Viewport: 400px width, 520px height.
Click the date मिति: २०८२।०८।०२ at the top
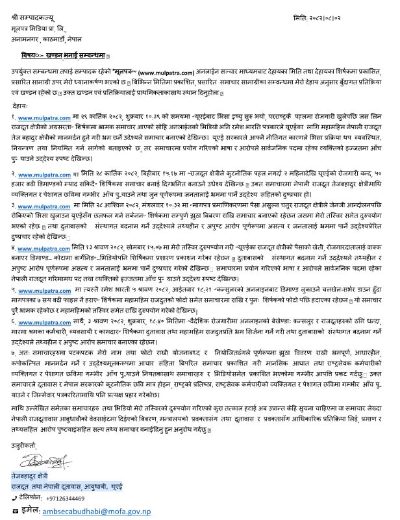pyautogui.click(x=347, y=13)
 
